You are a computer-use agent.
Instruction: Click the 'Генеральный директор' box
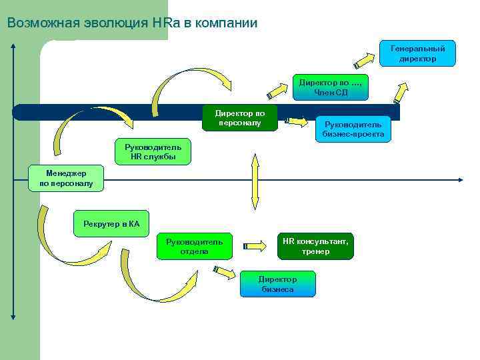tap(418, 53)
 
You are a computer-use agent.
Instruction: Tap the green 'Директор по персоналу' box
tap(239, 117)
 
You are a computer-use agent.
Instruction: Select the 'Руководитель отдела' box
tap(195, 246)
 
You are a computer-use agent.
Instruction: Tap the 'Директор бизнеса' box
tap(277, 284)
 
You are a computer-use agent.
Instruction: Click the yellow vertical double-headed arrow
tap(254, 181)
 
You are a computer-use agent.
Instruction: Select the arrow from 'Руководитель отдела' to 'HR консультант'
tap(254, 246)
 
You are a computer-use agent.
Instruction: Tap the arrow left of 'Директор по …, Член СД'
tap(277, 89)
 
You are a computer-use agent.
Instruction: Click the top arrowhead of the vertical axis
tap(13, 45)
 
